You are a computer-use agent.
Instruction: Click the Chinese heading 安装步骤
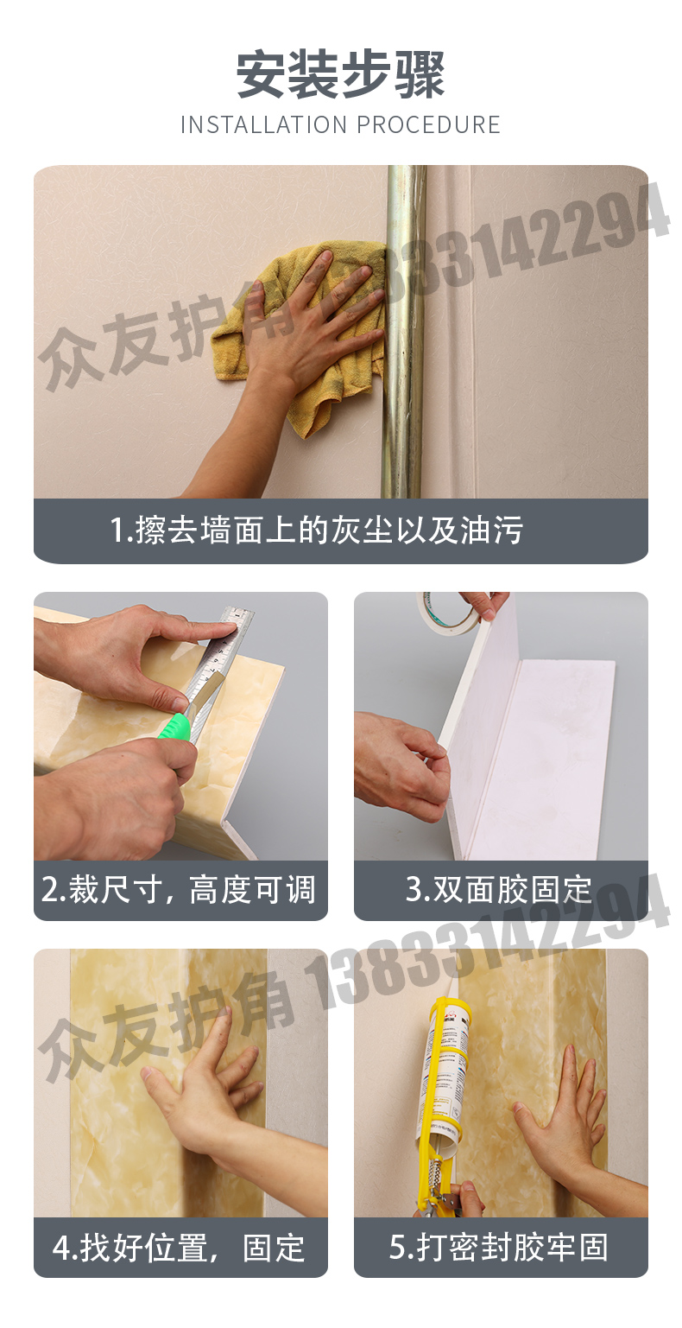point(340,75)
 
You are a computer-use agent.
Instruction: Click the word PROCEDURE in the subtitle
point(428,124)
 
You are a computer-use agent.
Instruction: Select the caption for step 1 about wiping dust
point(316,530)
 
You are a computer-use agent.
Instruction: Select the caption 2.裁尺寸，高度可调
point(180,889)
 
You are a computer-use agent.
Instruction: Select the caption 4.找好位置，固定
point(180,1248)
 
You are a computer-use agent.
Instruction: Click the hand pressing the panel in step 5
point(565,1115)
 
